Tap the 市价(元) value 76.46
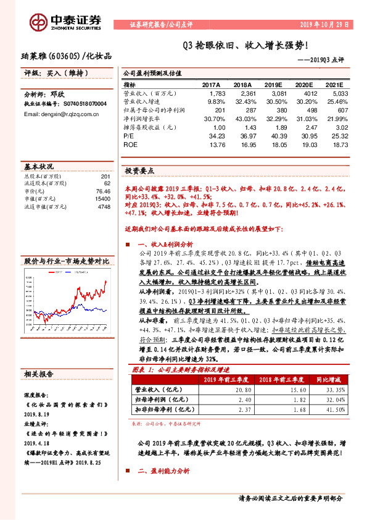102,192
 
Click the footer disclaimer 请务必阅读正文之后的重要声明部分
290,498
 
